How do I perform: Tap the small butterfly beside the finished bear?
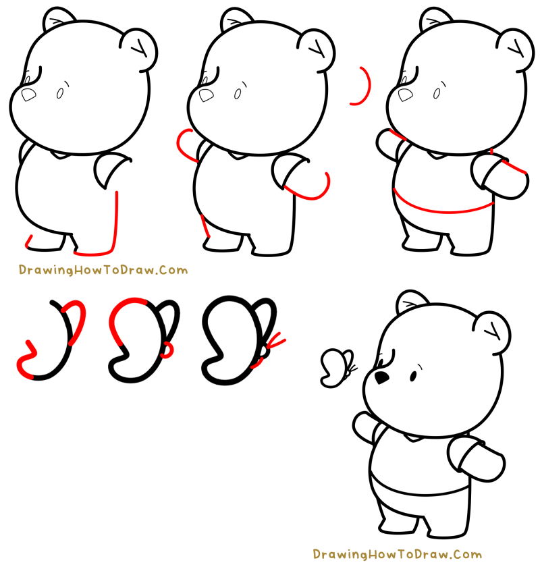(337, 368)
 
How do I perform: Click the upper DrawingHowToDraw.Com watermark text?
(103, 271)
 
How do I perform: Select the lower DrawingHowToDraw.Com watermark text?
(397, 555)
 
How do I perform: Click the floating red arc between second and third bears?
(364, 86)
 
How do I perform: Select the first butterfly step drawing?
(53, 341)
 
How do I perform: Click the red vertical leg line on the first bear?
(117, 219)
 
